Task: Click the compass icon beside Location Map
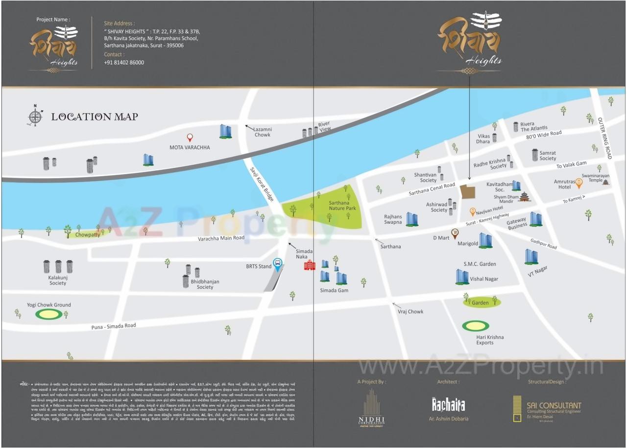pos(35,116)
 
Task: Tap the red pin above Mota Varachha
pos(190,138)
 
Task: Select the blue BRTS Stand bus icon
pos(278,265)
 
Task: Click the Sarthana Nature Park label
pos(342,206)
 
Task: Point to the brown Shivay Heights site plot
pos(468,192)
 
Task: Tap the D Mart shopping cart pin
pos(455,234)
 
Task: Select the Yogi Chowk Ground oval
pos(48,314)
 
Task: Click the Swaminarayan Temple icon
pos(606,182)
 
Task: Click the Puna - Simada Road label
pos(114,326)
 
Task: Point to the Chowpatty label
pos(88,235)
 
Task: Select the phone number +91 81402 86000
pos(124,63)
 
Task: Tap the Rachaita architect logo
pos(448,405)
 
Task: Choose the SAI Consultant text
pos(554,405)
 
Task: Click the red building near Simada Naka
pos(310,265)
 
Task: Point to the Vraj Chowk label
pos(410,311)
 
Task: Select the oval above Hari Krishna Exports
pos(475,326)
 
